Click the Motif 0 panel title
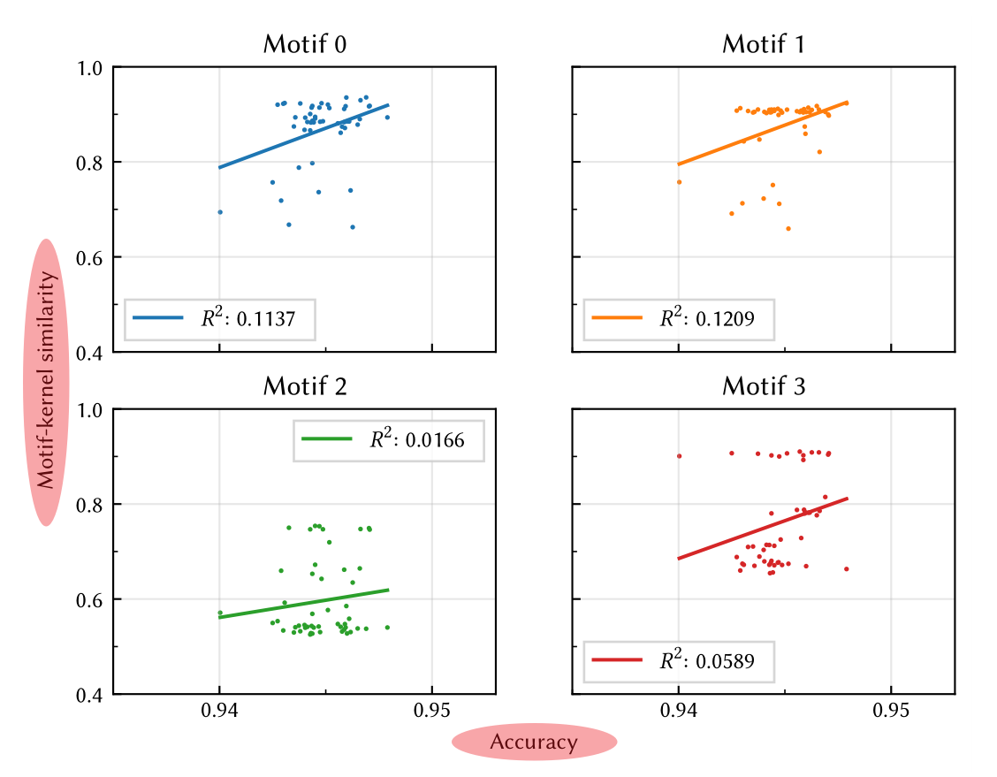(304, 44)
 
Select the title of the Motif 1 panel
(764, 44)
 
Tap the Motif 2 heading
(304, 386)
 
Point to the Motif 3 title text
(764, 386)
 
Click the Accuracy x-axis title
(533, 743)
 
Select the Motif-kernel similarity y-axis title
(48, 382)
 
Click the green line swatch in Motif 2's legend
(326, 438)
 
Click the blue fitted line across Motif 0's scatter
(304, 135)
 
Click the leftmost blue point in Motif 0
(220, 212)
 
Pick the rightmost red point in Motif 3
(846, 569)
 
